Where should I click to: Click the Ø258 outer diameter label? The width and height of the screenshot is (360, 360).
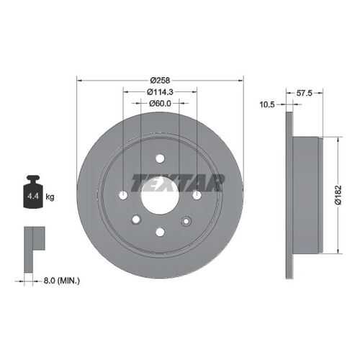pyautogui.click(x=160, y=80)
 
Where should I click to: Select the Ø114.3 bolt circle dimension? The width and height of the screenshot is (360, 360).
pyautogui.click(x=160, y=91)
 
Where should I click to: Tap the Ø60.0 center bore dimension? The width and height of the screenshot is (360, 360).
pyautogui.click(x=160, y=103)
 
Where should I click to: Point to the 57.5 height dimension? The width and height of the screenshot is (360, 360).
pyautogui.click(x=304, y=93)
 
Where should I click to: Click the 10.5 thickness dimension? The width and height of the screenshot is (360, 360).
pyautogui.click(x=267, y=104)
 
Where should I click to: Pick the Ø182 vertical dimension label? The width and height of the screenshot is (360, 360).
pyautogui.click(x=338, y=195)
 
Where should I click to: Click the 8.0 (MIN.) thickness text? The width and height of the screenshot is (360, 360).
pyautogui.click(x=62, y=280)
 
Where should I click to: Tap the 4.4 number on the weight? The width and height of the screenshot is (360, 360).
pyautogui.click(x=33, y=196)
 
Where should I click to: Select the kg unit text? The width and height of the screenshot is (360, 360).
pyautogui.click(x=50, y=197)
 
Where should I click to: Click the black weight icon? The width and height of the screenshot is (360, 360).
pyautogui.click(x=33, y=192)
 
